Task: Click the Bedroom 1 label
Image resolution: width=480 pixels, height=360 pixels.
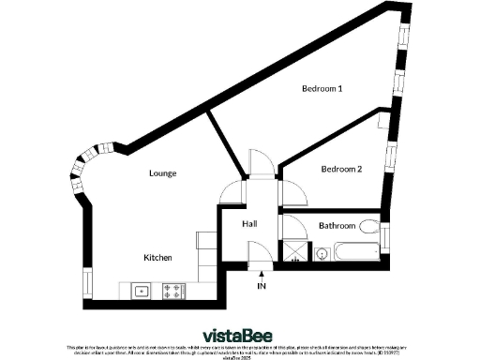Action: pos(322,89)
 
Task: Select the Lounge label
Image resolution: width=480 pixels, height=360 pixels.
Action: pos(163,173)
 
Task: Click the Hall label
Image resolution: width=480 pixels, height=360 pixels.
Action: pos(249,225)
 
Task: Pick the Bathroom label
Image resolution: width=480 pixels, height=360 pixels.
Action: pos(337,226)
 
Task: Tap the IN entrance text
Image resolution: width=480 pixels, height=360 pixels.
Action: pos(262,285)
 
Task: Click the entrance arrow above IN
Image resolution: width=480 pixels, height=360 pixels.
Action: pos(262,274)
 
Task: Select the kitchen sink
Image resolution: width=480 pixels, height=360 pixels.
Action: pos(141,290)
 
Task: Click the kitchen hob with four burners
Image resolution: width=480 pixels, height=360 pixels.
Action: pos(173,290)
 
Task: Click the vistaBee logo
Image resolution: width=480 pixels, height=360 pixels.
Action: pos(239,335)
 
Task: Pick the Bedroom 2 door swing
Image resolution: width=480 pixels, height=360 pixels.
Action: pos(293,192)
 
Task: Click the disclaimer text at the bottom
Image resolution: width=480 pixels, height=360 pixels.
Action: pos(240,351)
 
